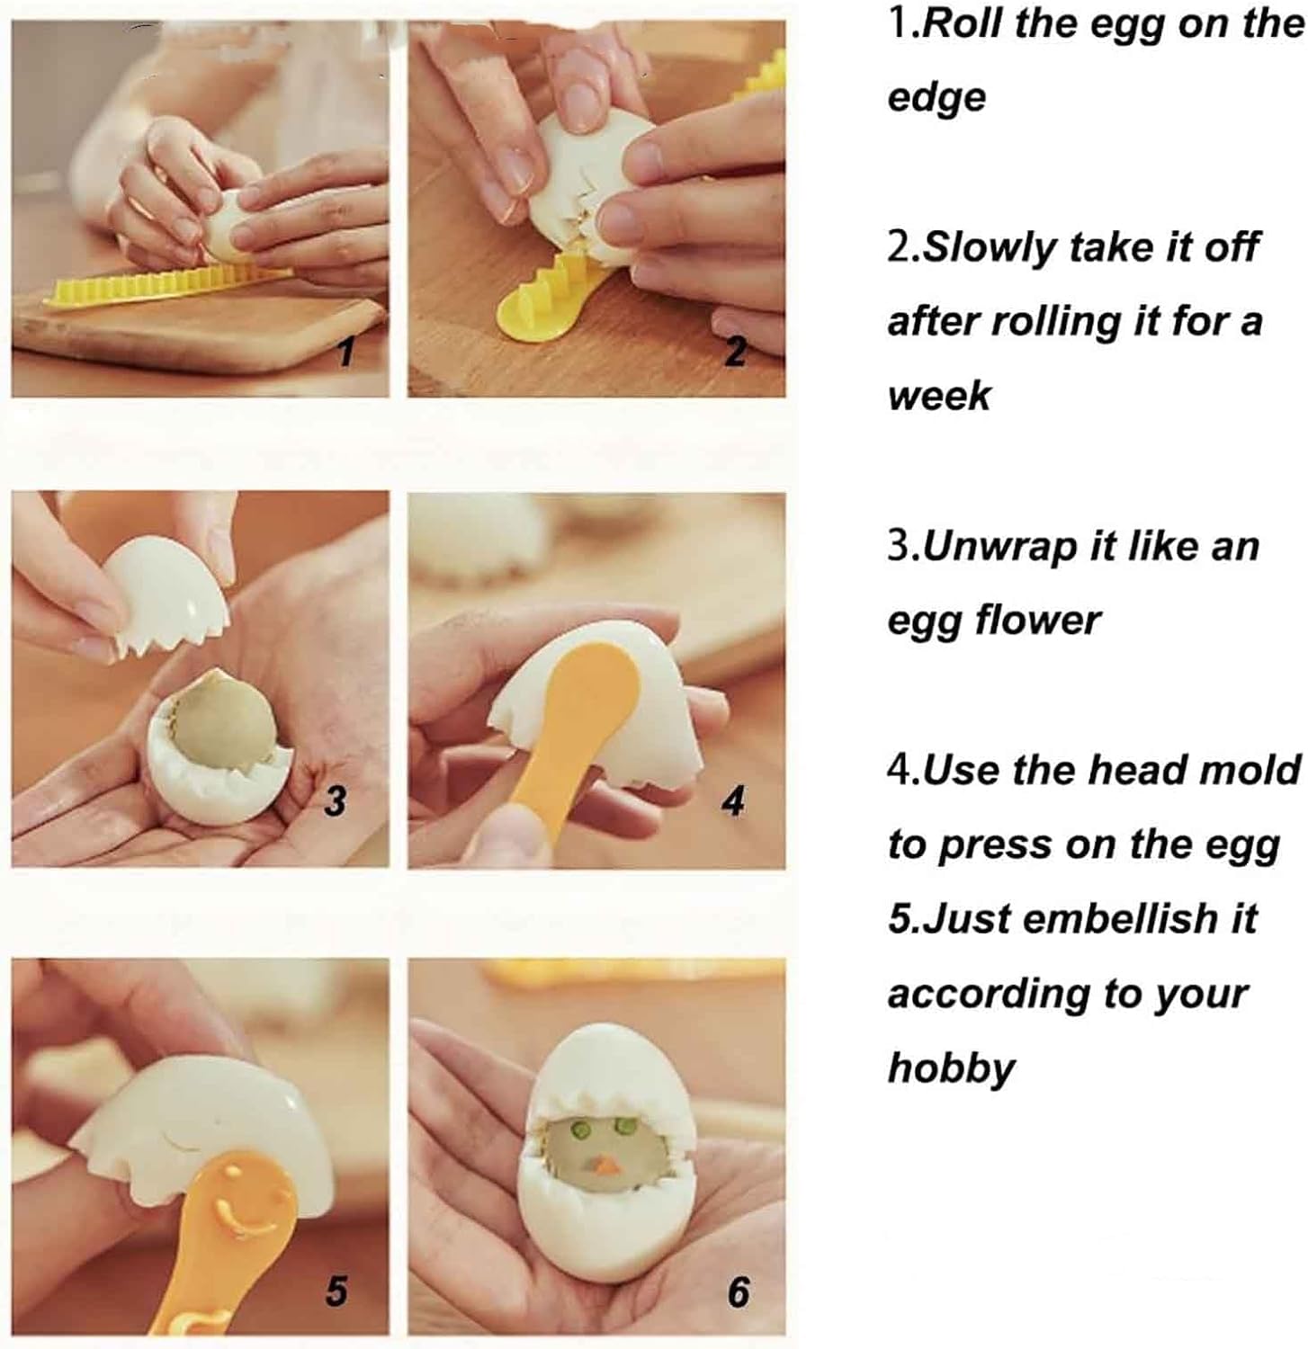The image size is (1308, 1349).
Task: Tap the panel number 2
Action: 736,352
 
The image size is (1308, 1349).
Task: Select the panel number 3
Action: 335,799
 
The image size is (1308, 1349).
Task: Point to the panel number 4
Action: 734,800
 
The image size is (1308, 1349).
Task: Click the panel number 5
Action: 336,1291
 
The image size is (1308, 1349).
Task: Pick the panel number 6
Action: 738,1291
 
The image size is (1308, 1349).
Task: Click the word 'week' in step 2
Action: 938,395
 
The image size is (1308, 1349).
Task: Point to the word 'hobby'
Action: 951,1068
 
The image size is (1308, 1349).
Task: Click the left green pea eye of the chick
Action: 580,1125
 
